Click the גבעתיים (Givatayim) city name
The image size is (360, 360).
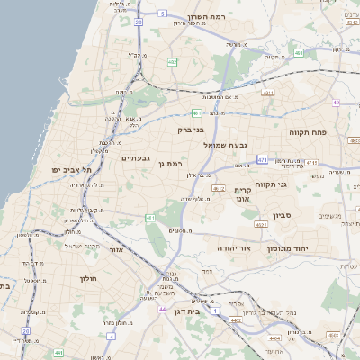136,157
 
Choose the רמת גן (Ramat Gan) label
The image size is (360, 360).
168,164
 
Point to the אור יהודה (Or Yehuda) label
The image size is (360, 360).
233,246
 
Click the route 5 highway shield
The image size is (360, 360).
162,14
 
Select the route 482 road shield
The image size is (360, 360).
172,62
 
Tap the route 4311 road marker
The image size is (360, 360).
267,93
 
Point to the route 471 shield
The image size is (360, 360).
262,159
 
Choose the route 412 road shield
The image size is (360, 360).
219,188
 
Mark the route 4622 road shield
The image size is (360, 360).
261,226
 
